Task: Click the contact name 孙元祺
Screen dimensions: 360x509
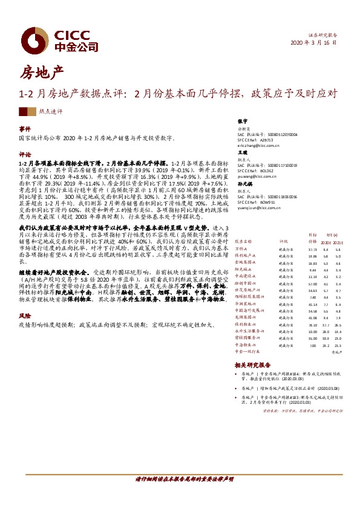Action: click(244, 182)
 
